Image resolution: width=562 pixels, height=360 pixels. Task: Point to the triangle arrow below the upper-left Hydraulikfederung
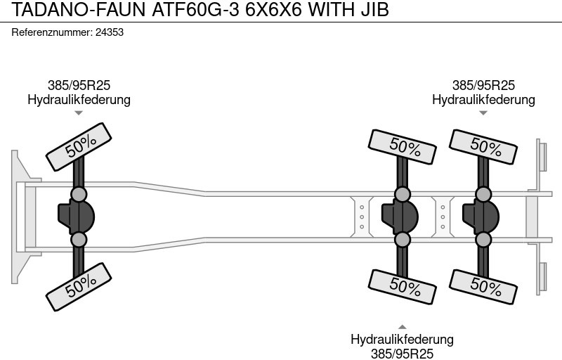[x=79, y=112]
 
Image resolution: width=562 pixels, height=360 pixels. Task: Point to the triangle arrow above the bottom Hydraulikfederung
[x=403, y=326]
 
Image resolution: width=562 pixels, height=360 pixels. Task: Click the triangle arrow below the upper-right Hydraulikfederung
[x=483, y=112]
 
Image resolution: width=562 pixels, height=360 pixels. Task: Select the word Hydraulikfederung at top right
[x=483, y=100]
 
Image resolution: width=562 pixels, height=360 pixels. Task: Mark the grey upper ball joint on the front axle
[x=79, y=193]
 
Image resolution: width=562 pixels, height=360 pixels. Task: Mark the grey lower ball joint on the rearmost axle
[x=483, y=240]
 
